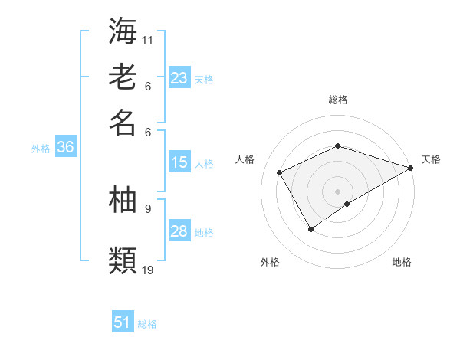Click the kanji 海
click(x=123, y=31)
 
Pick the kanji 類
click(x=123, y=259)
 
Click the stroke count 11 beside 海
click(x=148, y=40)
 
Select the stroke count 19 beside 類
click(x=148, y=269)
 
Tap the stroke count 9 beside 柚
click(x=147, y=208)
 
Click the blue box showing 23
click(x=179, y=78)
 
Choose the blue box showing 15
click(x=179, y=162)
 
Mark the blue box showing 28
click(x=179, y=231)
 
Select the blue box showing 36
click(x=64, y=148)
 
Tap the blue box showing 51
click(x=123, y=322)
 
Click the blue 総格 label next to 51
click(x=147, y=324)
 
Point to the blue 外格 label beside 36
click(x=41, y=149)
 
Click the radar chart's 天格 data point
click(x=412, y=169)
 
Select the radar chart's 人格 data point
click(x=280, y=172)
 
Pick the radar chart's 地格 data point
click(x=347, y=204)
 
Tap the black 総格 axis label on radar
click(x=338, y=100)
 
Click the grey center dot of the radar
click(x=337, y=191)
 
